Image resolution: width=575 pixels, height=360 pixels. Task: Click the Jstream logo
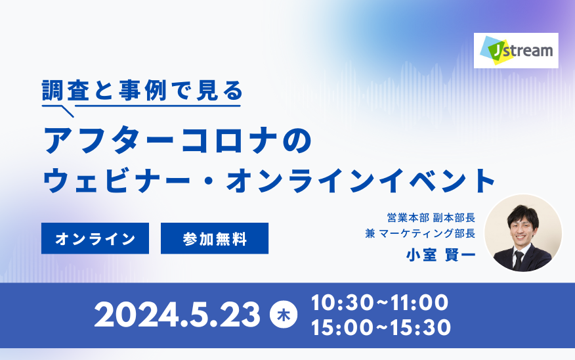pyautogui.click(x=516, y=51)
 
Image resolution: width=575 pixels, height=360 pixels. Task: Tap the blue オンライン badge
pyautogui.click(x=95, y=238)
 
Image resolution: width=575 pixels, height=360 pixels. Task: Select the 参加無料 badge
pyautogui.click(x=215, y=238)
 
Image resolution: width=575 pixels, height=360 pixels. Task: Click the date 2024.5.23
pyautogui.click(x=177, y=315)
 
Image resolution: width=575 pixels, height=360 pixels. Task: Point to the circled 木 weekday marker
pyautogui.click(x=284, y=315)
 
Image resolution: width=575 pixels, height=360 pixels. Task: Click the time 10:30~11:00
pyautogui.click(x=379, y=303)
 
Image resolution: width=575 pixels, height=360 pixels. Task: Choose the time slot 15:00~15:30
pyautogui.click(x=381, y=327)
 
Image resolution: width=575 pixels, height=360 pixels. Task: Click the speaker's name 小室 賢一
pyautogui.click(x=440, y=255)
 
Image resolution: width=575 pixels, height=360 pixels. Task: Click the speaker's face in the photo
pyautogui.click(x=523, y=228)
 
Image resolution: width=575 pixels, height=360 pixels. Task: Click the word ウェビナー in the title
pyautogui.click(x=117, y=180)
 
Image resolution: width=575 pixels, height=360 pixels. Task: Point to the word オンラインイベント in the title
pyautogui.click(x=362, y=180)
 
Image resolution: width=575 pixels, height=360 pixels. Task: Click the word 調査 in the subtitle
pyautogui.click(x=66, y=90)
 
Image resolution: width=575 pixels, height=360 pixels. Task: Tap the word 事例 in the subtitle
pyautogui.click(x=143, y=90)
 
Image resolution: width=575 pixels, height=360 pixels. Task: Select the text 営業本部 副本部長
pyautogui.click(x=431, y=217)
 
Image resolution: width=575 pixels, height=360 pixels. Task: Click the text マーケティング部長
pyautogui.click(x=427, y=233)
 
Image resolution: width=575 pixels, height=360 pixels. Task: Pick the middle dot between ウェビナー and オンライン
pyautogui.click(x=209, y=181)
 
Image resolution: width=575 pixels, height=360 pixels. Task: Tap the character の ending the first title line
pyautogui.click(x=297, y=140)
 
